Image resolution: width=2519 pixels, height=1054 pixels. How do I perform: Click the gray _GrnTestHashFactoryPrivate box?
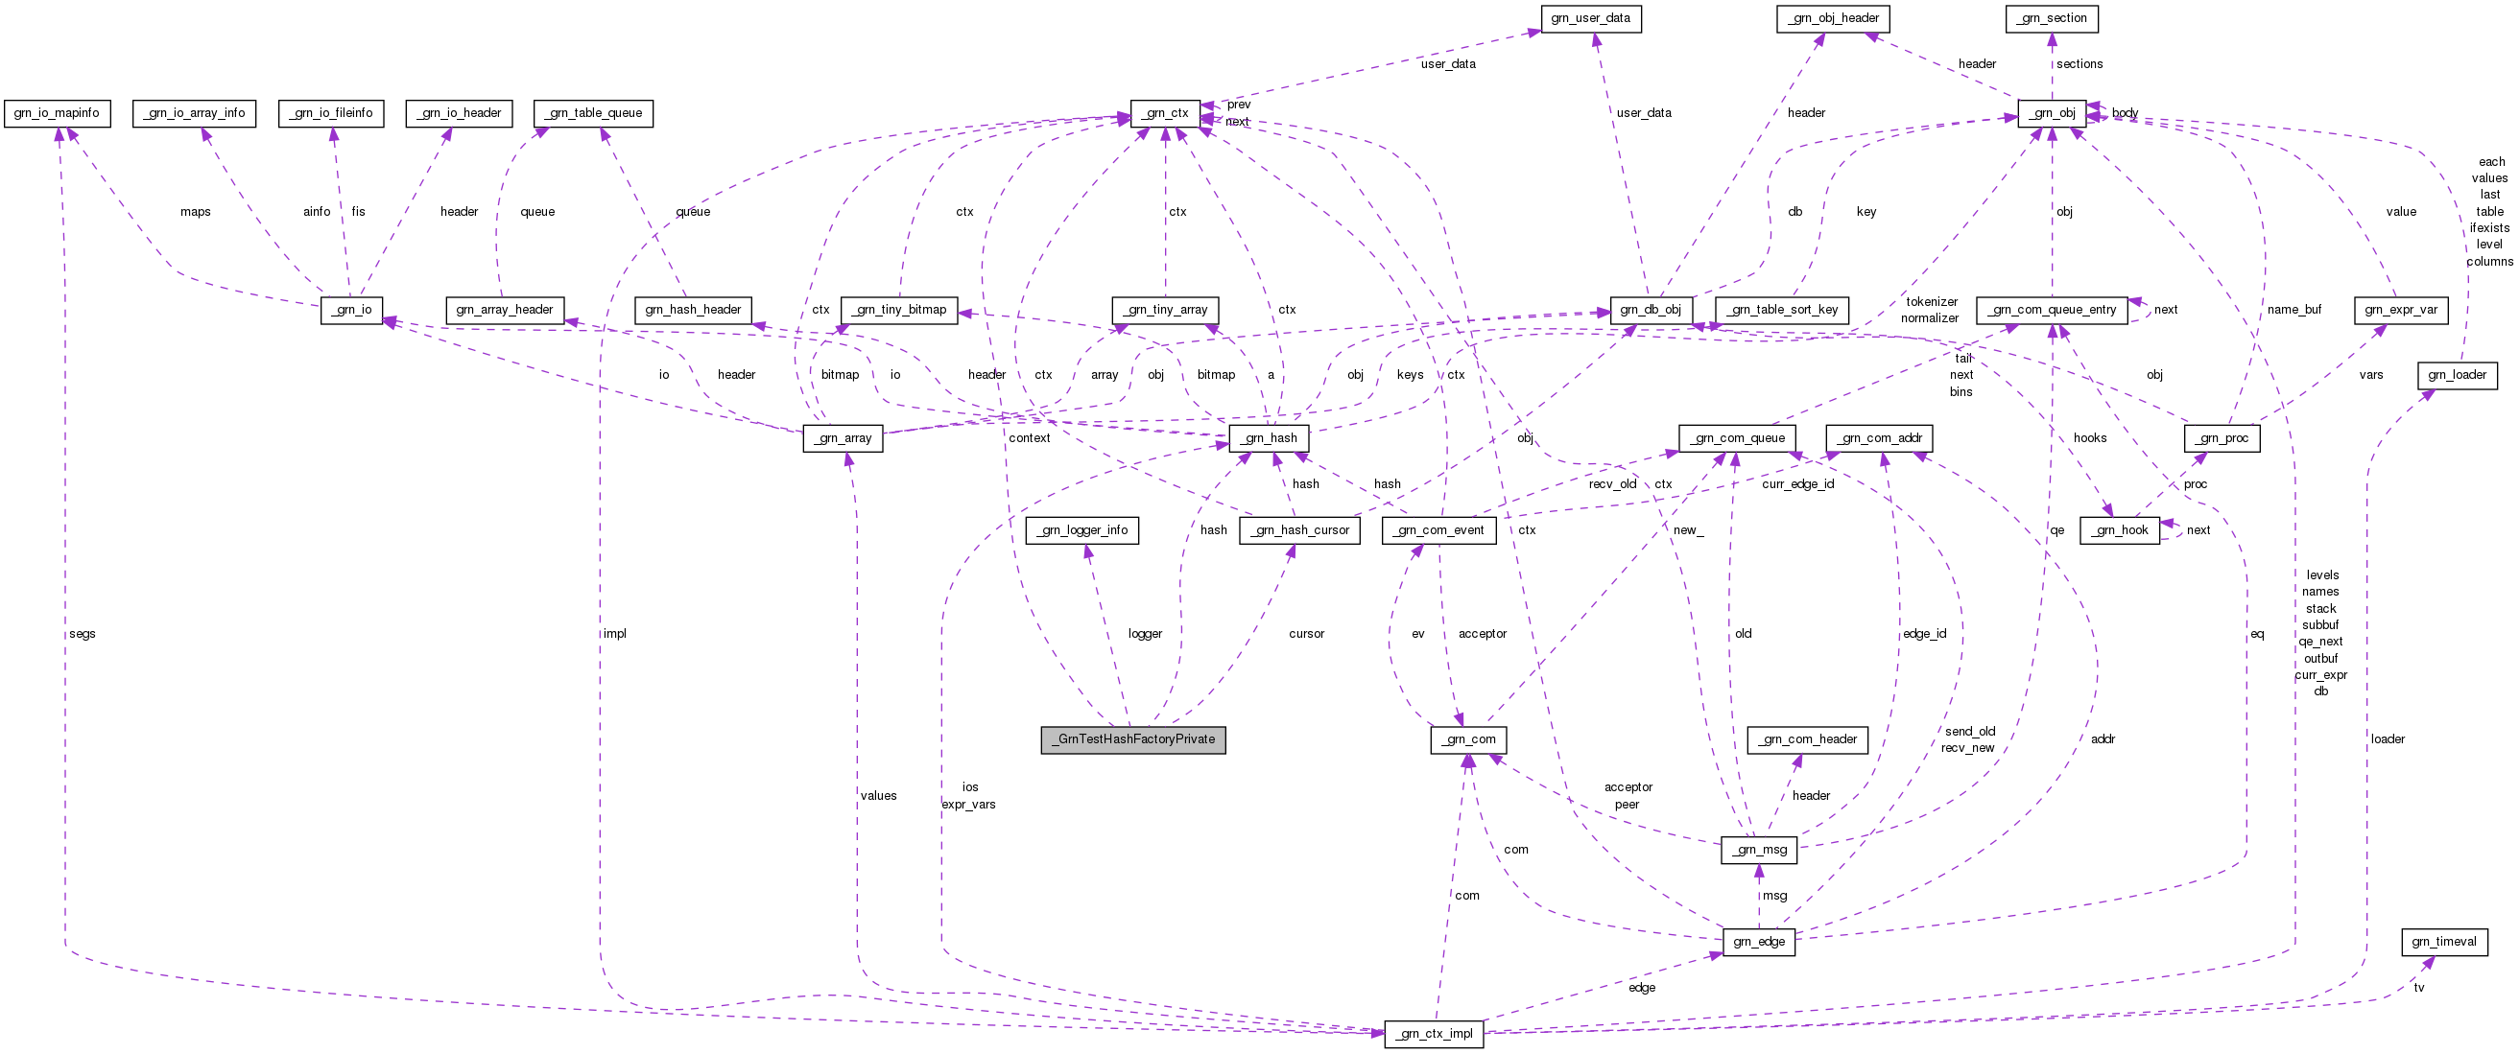click(1132, 739)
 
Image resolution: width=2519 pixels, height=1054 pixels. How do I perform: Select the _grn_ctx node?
click(1165, 113)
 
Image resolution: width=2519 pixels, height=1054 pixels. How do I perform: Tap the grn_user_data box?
click(1590, 18)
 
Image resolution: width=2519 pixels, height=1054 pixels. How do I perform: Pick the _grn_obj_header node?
click(1833, 18)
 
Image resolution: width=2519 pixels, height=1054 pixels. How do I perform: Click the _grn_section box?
click(2052, 18)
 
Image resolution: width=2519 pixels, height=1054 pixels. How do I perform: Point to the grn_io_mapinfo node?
click(57, 113)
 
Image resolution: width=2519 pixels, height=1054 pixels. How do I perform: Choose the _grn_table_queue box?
click(594, 113)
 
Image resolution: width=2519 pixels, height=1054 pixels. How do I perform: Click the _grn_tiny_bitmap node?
click(898, 310)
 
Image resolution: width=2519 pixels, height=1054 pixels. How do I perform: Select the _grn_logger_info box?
click(1082, 531)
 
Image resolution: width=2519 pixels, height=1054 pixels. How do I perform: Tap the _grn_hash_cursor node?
click(1298, 531)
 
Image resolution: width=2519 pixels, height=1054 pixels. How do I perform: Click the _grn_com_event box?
click(1438, 531)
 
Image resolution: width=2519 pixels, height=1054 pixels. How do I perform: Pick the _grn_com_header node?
click(1807, 740)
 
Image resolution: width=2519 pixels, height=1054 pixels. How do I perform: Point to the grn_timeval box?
click(2444, 943)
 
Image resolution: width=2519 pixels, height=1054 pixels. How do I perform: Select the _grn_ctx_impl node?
click(1434, 1035)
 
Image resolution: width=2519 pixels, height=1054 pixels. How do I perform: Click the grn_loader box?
click(2457, 375)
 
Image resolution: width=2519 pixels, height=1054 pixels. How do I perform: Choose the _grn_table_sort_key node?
click(1782, 310)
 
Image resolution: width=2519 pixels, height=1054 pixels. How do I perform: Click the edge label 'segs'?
click(83, 634)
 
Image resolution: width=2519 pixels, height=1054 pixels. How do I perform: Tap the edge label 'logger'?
click(1144, 634)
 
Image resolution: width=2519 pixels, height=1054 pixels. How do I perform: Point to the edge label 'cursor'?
click(1305, 634)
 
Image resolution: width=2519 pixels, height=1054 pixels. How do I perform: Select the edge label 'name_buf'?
click(2293, 310)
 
